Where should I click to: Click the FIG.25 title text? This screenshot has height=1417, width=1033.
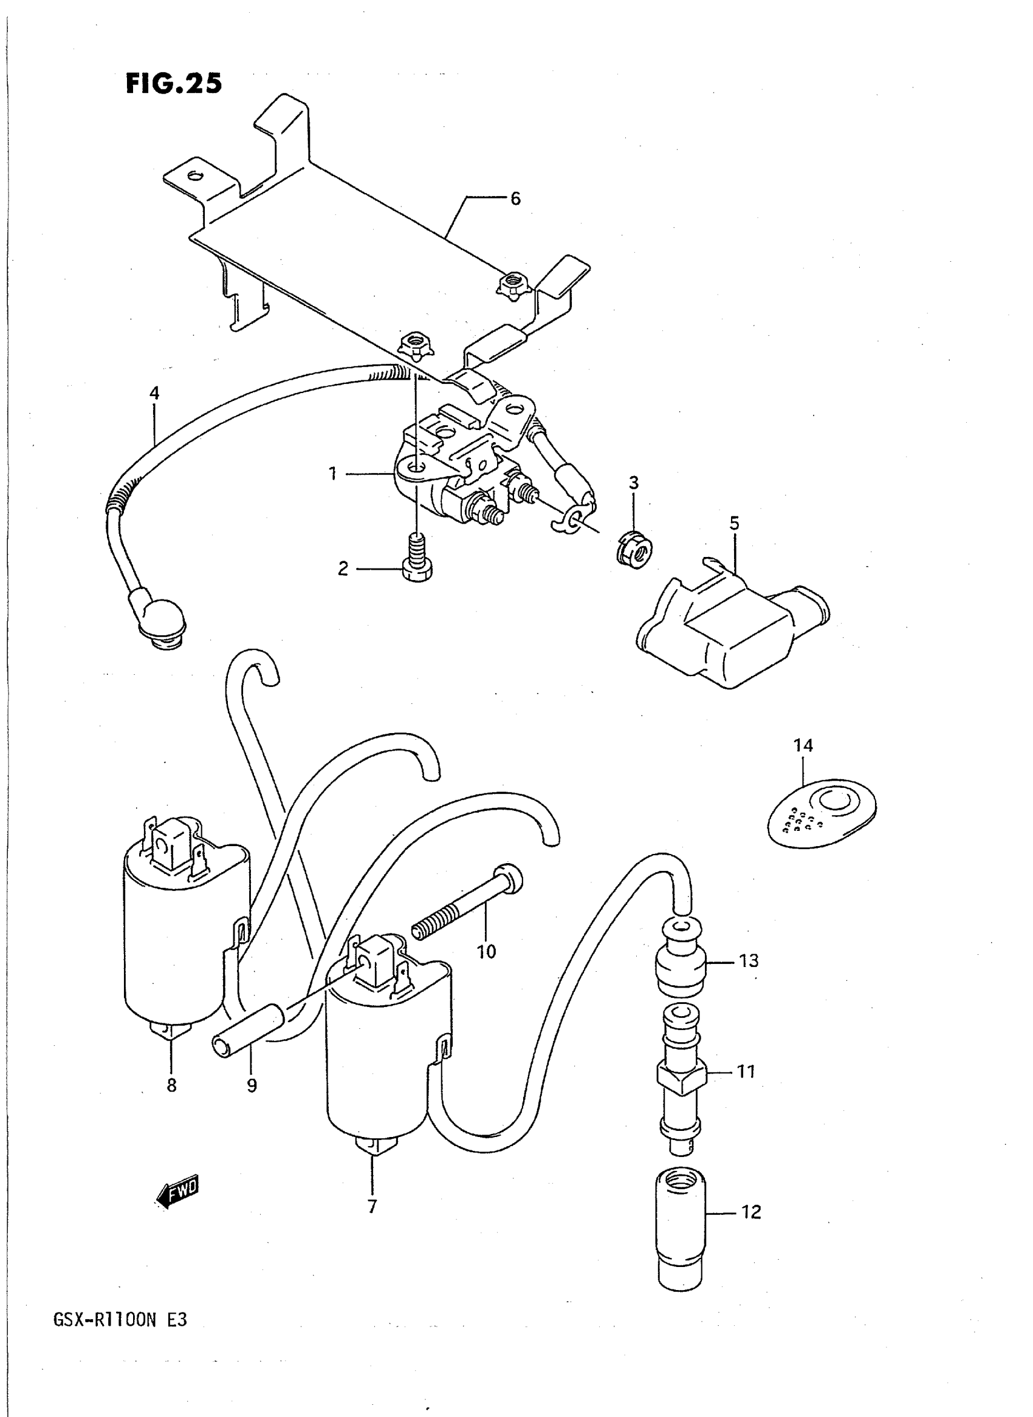tap(174, 83)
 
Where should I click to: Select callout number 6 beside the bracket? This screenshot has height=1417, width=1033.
tap(515, 199)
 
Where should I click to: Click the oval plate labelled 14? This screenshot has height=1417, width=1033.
tap(822, 811)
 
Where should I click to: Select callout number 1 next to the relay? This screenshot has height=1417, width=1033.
tap(333, 474)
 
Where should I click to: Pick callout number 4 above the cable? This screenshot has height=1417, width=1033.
tap(154, 393)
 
